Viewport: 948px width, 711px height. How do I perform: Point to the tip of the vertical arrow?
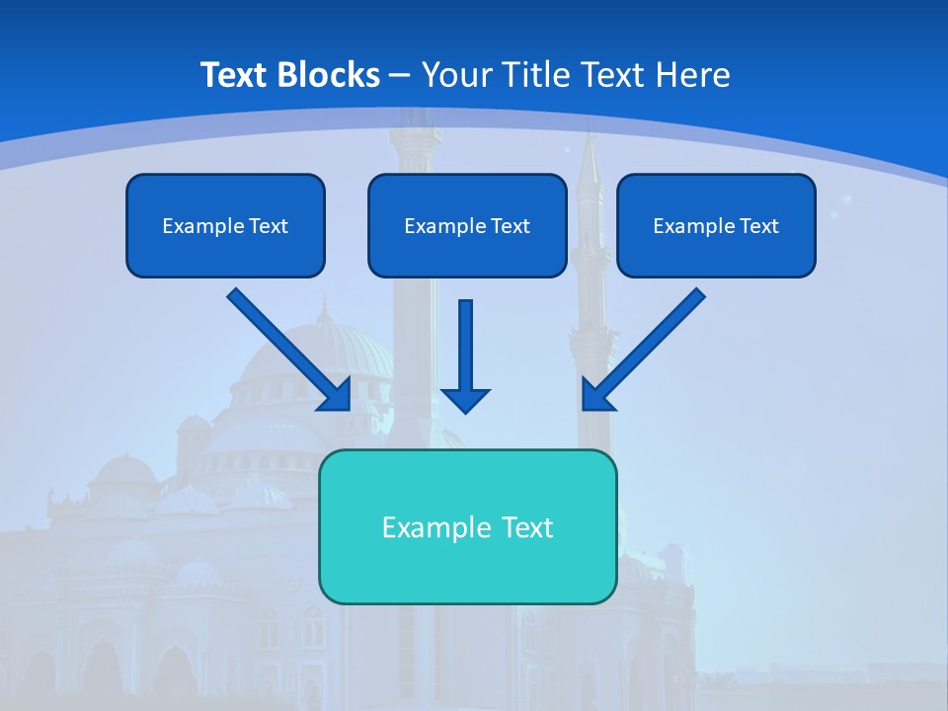click(465, 409)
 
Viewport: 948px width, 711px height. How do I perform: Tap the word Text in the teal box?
click(528, 527)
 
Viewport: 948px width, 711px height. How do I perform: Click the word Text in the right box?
click(759, 226)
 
